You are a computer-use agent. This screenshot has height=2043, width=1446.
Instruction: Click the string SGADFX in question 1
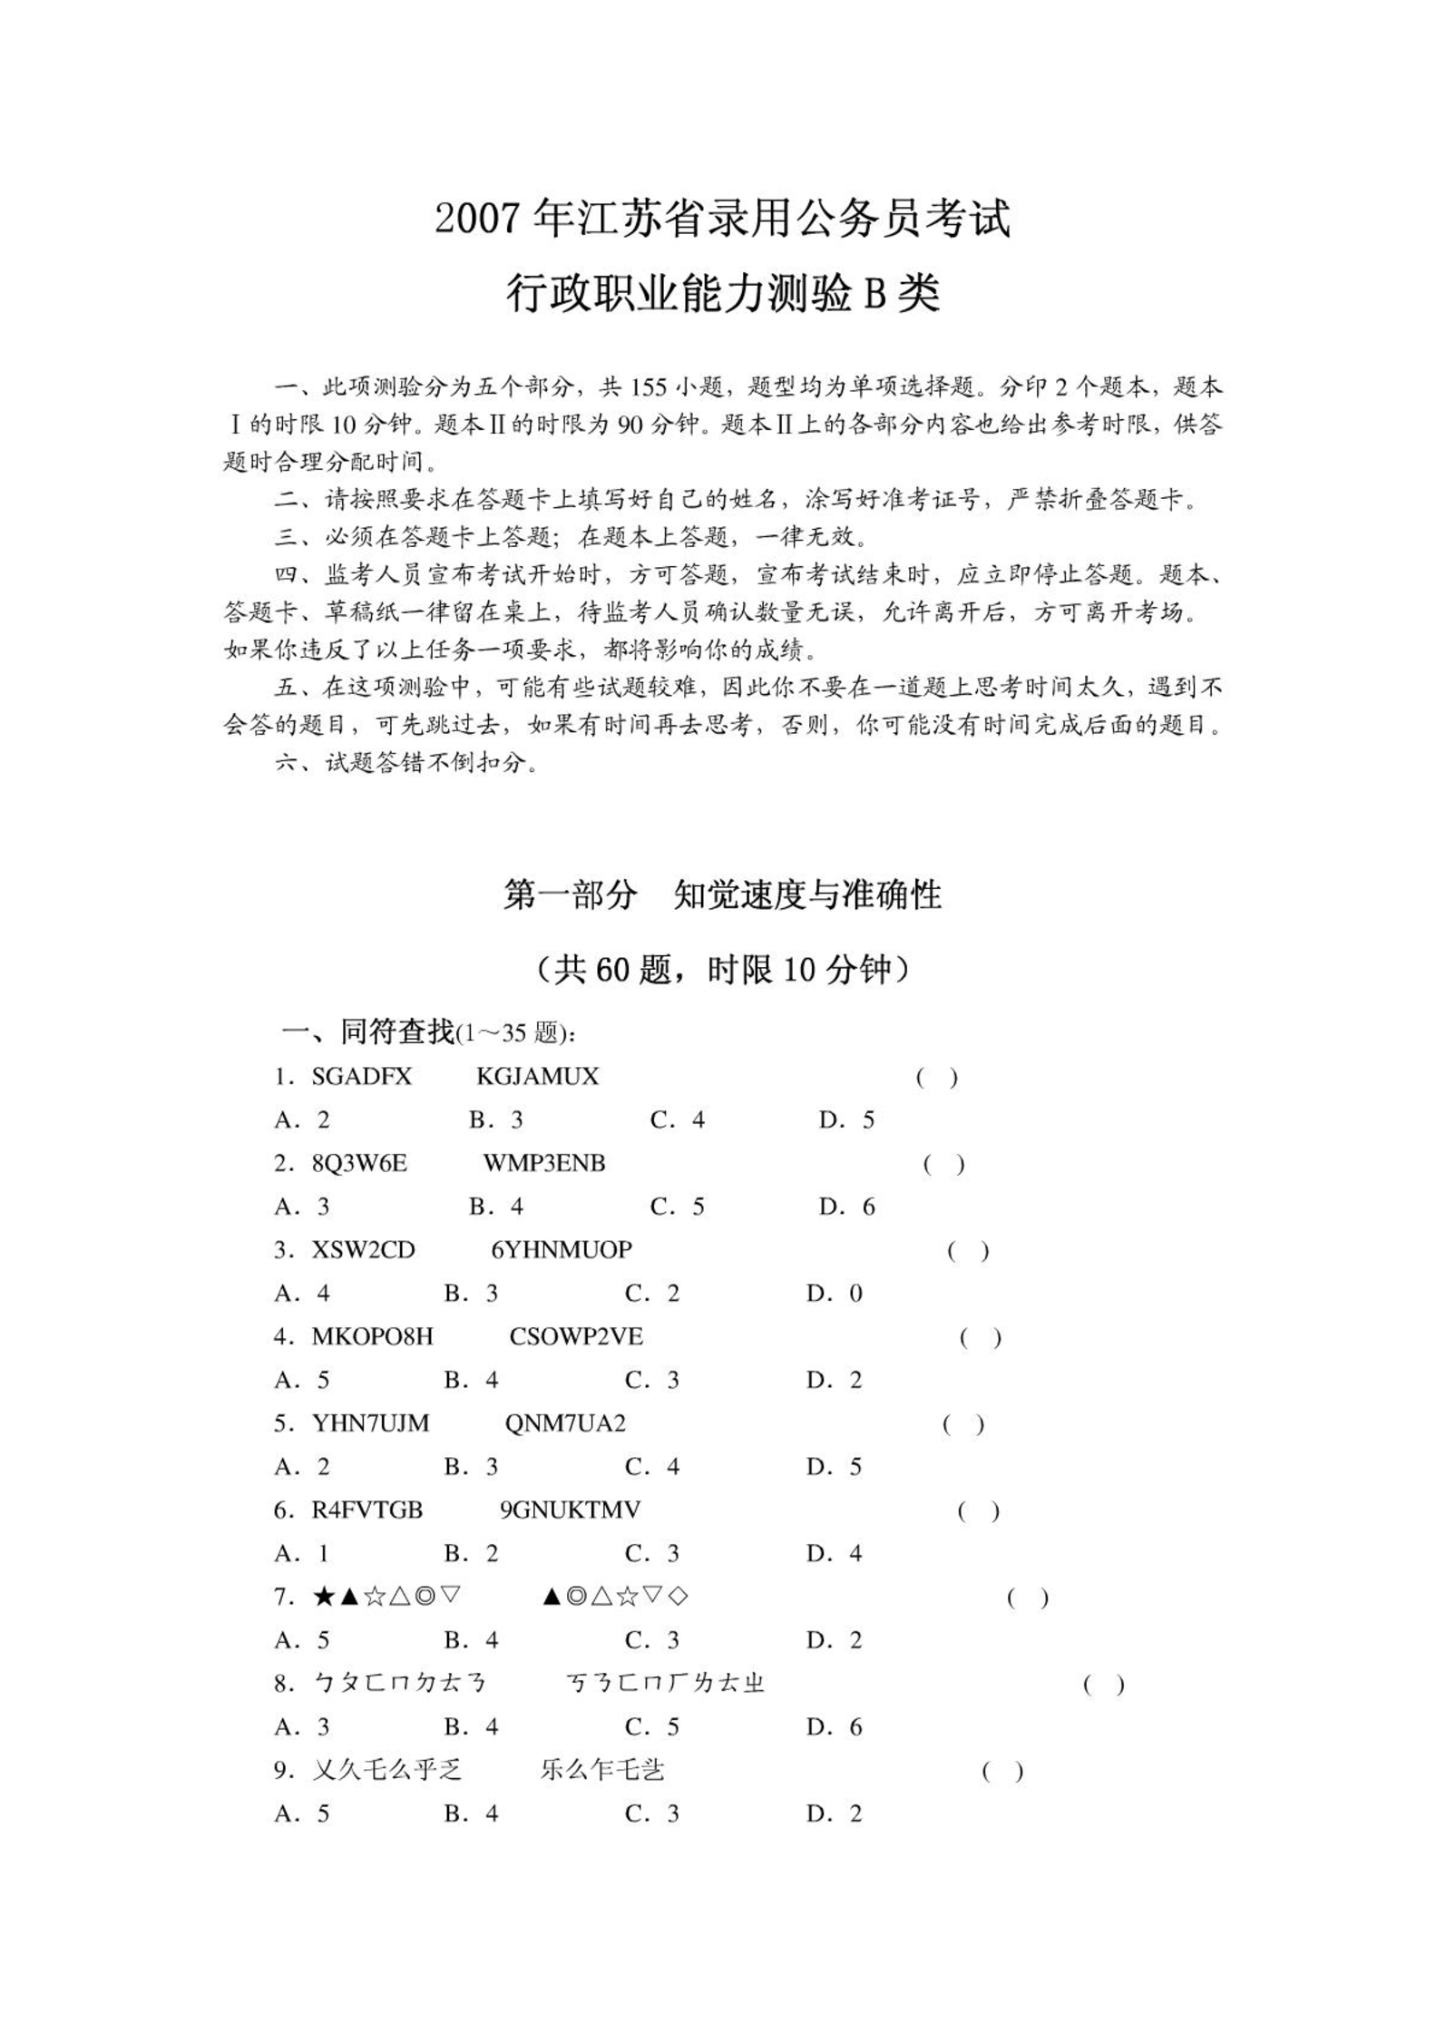point(361,1077)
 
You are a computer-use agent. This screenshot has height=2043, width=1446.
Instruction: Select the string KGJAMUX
point(537,1077)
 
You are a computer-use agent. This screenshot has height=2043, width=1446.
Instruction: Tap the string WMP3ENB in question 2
point(543,1163)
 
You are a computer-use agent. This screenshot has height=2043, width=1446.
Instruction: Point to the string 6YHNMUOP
point(562,1250)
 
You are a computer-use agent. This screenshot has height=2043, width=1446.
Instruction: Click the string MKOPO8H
point(372,1336)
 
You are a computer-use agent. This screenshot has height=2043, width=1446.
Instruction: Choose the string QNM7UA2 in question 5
point(565,1423)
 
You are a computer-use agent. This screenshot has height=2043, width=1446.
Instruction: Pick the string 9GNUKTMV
point(570,1510)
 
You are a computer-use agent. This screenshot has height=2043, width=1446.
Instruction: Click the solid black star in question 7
point(323,1597)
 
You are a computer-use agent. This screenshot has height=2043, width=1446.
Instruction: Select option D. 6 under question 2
point(846,1207)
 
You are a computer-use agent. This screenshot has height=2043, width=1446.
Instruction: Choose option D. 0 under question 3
point(834,1293)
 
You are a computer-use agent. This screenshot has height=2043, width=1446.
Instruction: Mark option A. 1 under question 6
point(302,1553)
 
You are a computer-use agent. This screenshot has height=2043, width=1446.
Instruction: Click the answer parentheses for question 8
point(1103,1685)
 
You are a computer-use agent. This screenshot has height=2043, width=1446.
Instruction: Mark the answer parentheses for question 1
point(936,1078)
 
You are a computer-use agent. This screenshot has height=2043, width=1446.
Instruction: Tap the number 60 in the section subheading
point(613,971)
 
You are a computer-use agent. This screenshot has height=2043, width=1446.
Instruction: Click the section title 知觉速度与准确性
point(807,895)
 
